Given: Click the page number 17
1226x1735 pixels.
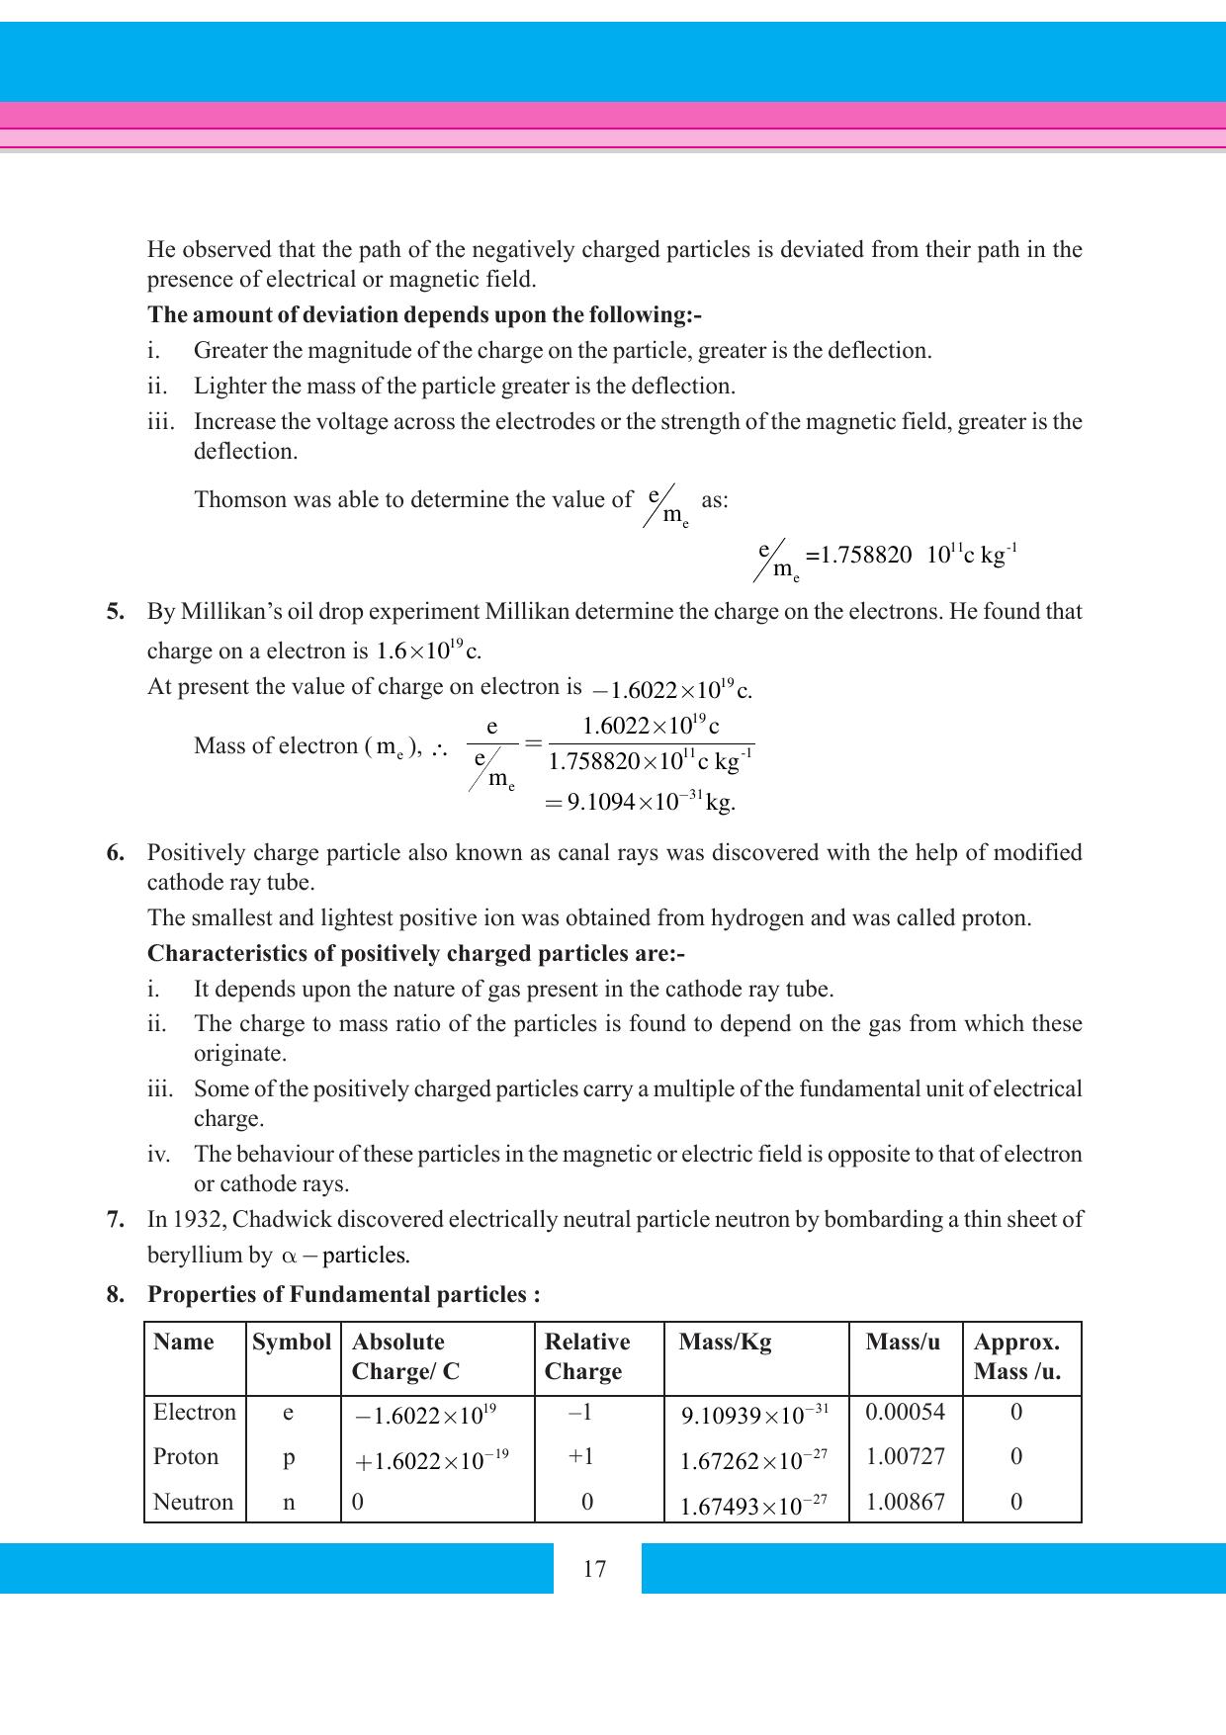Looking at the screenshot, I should [x=594, y=1569].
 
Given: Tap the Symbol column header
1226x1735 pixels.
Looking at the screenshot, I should [x=292, y=1342].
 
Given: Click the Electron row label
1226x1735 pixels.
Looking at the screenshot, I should [x=195, y=1412].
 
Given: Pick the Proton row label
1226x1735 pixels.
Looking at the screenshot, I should [x=186, y=1456].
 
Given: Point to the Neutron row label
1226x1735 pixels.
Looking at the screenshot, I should [x=193, y=1502].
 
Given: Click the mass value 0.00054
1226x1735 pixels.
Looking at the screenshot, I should [x=905, y=1412].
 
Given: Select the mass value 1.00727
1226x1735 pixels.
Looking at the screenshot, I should [x=905, y=1456].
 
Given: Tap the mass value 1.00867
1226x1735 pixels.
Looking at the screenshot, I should [x=905, y=1502].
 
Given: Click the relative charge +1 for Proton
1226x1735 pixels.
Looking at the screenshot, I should [x=581, y=1456].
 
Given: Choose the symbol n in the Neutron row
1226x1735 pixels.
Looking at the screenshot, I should [x=289, y=1502].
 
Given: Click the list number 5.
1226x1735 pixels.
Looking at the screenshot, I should [x=116, y=611].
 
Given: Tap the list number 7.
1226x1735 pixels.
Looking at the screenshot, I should [x=116, y=1219].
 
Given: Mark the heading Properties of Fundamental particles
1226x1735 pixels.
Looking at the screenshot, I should [x=343, y=1294].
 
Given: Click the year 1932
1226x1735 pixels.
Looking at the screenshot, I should [x=201, y=1219].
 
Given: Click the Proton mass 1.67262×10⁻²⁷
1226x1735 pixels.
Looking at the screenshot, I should [x=753, y=1460].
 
